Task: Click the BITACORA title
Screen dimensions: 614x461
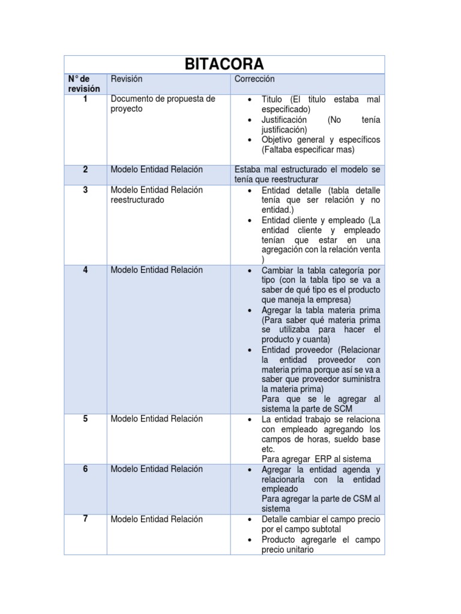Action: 224,65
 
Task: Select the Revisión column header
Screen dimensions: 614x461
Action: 127,79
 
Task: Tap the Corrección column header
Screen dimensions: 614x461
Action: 255,79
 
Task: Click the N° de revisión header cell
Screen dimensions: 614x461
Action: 84,84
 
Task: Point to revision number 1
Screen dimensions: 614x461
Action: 85,99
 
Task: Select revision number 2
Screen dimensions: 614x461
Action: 85,170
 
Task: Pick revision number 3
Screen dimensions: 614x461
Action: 85,190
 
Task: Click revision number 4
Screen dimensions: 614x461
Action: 85,270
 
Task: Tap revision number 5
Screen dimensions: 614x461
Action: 85,419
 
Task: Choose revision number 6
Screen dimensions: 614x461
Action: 85,469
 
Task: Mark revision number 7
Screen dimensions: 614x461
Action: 85,519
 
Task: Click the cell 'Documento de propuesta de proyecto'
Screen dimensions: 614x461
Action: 163,104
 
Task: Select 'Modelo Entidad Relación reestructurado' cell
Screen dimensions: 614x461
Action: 157,195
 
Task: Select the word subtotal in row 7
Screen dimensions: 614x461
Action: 323,529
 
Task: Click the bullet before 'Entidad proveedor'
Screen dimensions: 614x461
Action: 250,350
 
